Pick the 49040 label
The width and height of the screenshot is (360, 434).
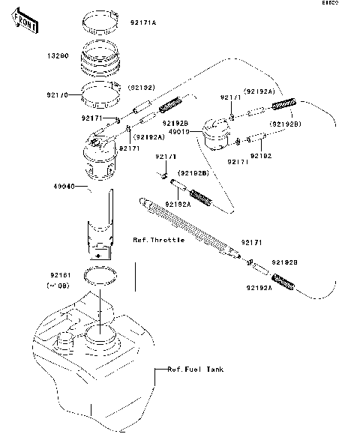click(x=43, y=185)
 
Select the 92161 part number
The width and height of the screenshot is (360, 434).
click(x=40, y=275)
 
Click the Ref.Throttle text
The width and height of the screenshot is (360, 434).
click(x=159, y=240)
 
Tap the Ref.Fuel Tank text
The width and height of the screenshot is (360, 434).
click(x=195, y=370)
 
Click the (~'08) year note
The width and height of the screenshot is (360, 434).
click(x=41, y=286)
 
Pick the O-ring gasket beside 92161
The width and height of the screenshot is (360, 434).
click(x=100, y=274)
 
